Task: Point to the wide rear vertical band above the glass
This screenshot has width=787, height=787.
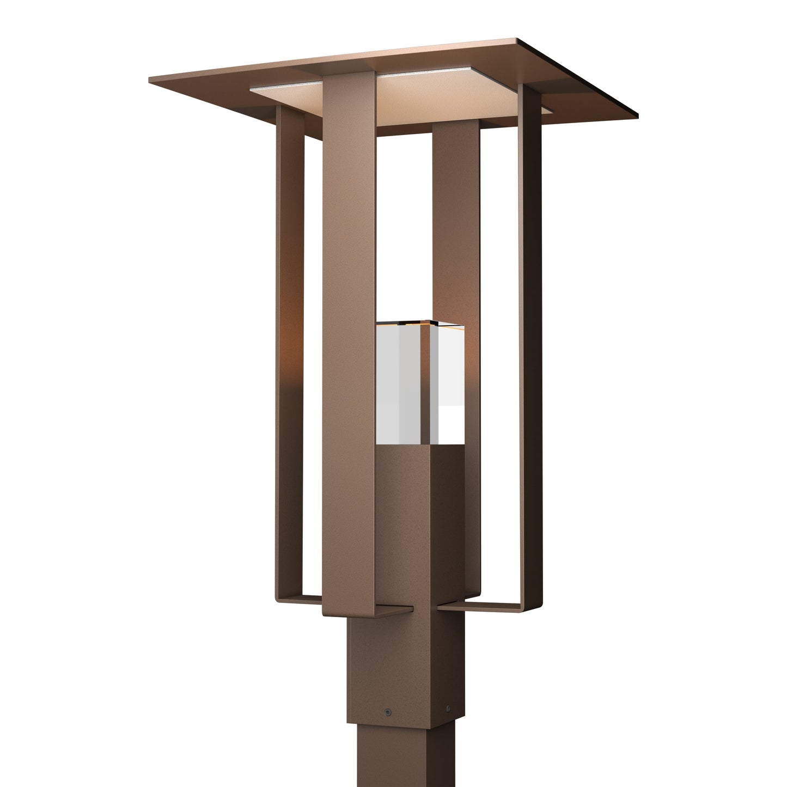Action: point(456,218)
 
